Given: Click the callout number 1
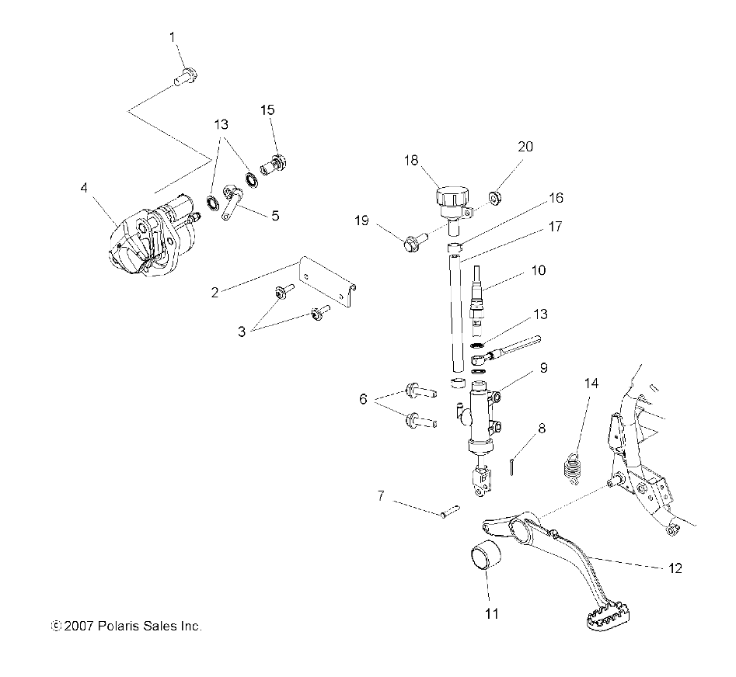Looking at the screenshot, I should (x=173, y=36).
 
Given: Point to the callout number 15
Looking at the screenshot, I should (x=267, y=110).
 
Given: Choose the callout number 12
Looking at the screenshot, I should (x=674, y=568).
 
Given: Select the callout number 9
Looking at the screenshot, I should (x=543, y=367).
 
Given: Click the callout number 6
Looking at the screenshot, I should (x=362, y=399).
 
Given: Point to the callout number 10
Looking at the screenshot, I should (x=538, y=271).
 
